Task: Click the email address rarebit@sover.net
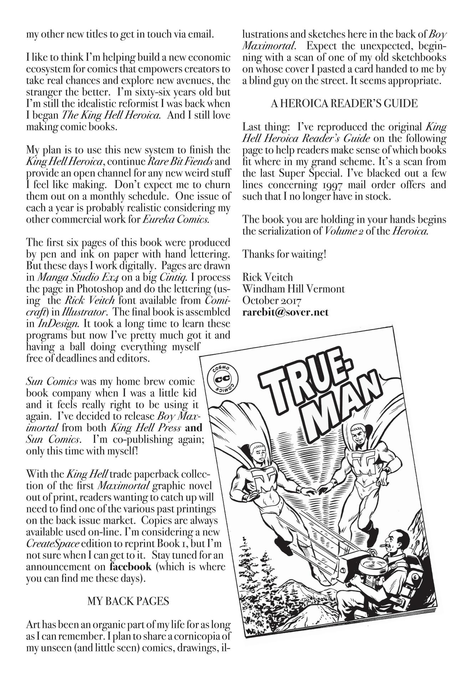tap(285, 312)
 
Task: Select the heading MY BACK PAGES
tap(128, 601)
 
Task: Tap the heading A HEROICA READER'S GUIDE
tap(344, 103)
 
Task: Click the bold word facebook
tap(130, 567)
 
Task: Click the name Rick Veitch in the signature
tap(267, 277)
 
